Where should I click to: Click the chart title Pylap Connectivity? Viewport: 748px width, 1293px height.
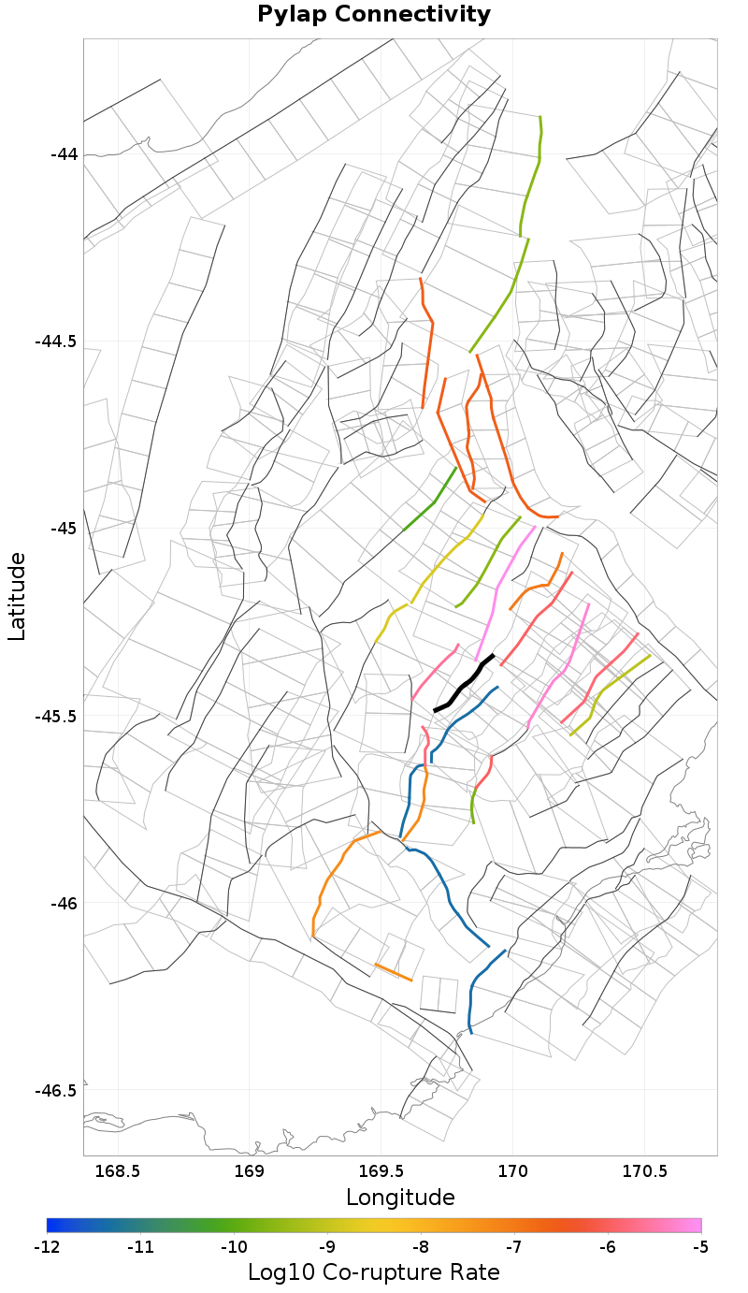tap(374, 14)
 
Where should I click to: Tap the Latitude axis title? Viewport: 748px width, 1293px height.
tap(17, 596)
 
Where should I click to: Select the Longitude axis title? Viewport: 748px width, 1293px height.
tap(400, 1197)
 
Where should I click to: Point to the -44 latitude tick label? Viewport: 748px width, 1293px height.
tap(64, 153)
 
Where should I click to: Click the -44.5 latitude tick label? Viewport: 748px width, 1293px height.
tap(56, 341)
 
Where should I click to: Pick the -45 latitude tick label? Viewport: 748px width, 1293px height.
tap(64, 528)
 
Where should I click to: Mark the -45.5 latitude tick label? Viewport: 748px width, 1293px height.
tap(56, 716)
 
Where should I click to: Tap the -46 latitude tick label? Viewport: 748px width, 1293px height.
tap(64, 903)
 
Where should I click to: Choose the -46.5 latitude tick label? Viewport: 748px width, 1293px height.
tap(56, 1090)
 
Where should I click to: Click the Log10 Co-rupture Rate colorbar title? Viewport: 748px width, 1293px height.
tap(374, 1272)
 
